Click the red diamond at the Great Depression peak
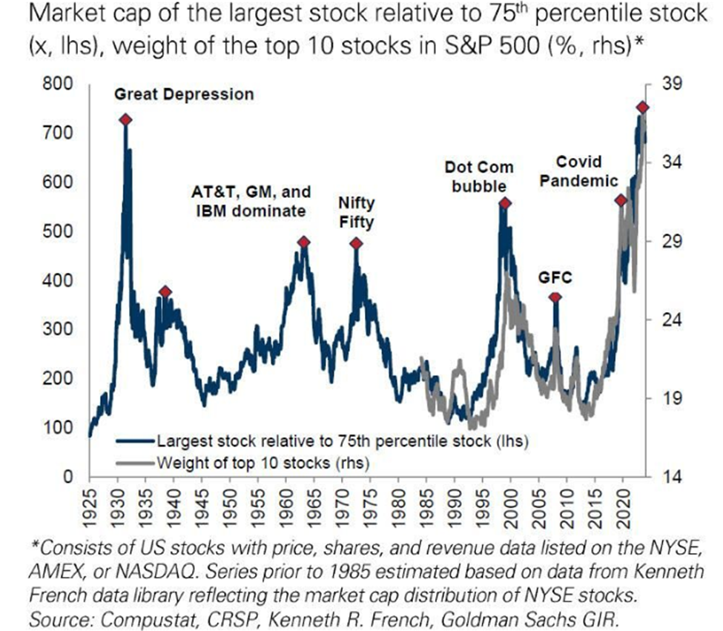click(x=126, y=119)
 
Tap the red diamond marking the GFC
click(x=555, y=297)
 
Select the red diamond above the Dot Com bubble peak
click(x=505, y=203)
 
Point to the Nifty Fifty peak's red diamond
click(x=356, y=243)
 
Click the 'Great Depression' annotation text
click(x=183, y=94)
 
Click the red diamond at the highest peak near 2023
click(x=642, y=108)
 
